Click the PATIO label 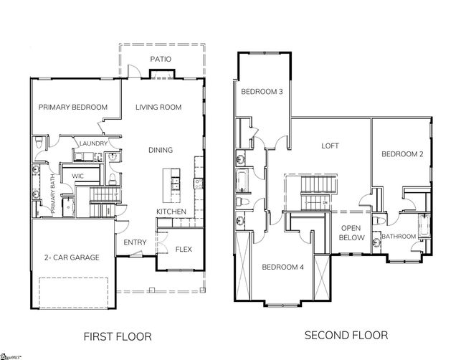point(161,59)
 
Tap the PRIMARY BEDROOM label point(73,107)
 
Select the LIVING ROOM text point(158,107)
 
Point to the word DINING point(161,150)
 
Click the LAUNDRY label point(93,143)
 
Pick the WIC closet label point(77,176)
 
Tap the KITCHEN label point(171,212)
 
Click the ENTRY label point(135,242)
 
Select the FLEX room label point(184,249)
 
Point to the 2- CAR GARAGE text point(72,257)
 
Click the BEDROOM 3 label point(262,92)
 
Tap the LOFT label point(331,146)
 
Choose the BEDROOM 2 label point(402,154)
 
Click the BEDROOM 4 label point(283,267)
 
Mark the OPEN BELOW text point(351,233)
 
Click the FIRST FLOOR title point(118,336)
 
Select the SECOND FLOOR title point(346,336)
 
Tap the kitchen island point(171,185)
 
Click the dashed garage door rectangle point(73,293)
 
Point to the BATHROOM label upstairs point(399,237)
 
